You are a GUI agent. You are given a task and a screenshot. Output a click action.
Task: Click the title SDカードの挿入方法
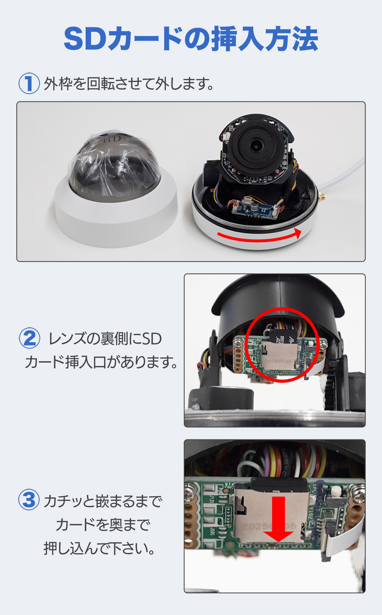click(191, 39)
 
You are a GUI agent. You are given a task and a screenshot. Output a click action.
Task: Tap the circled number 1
click(29, 83)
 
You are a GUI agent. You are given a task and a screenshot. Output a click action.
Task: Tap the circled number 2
click(30, 338)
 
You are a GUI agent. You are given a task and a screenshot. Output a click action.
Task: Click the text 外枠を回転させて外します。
click(129, 84)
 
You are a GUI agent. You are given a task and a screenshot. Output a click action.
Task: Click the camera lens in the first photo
click(256, 145)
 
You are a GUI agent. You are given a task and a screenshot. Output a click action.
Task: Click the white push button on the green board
click(335, 493)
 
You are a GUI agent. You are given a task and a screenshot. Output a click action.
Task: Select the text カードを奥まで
click(103, 524)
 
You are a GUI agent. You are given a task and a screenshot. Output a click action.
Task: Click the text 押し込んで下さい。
click(99, 548)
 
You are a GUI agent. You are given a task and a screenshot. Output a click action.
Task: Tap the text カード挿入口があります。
click(101, 362)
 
